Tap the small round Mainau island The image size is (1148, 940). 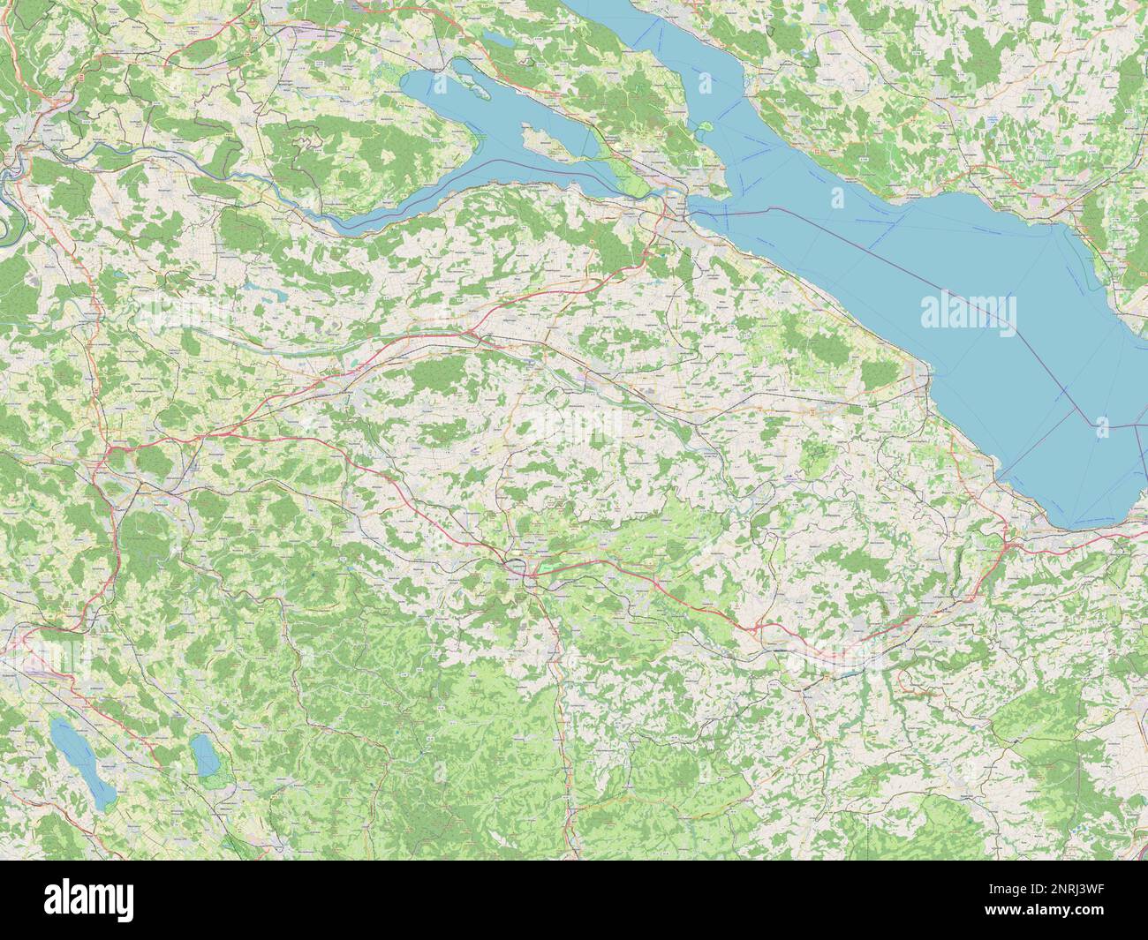704,125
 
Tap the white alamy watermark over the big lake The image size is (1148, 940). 968,312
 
